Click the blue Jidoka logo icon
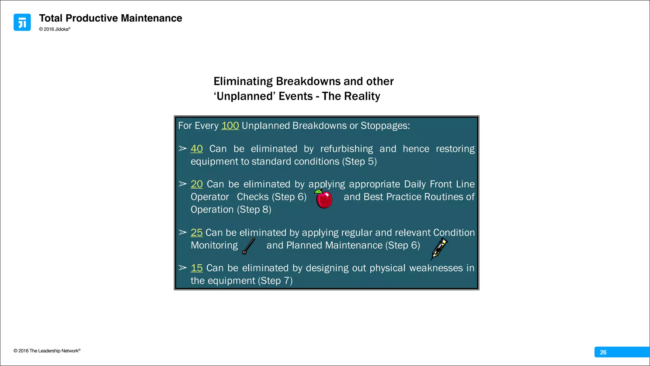[x=22, y=22]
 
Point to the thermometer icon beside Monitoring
[x=249, y=246]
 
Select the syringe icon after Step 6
[x=439, y=249]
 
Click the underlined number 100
[x=230, y=126]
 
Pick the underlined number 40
[x=196, y=149]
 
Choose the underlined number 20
[x=196, y=184]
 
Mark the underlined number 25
[x=196, y=233]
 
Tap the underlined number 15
[x=196, y=268]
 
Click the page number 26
[x=603, y=352]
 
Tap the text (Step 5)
[x=359, y=162]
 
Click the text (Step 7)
[x=275, y=281]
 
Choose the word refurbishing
[x=347, y=149]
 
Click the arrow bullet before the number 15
[x=182, y=268]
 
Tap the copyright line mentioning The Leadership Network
[x=47, y=351]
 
